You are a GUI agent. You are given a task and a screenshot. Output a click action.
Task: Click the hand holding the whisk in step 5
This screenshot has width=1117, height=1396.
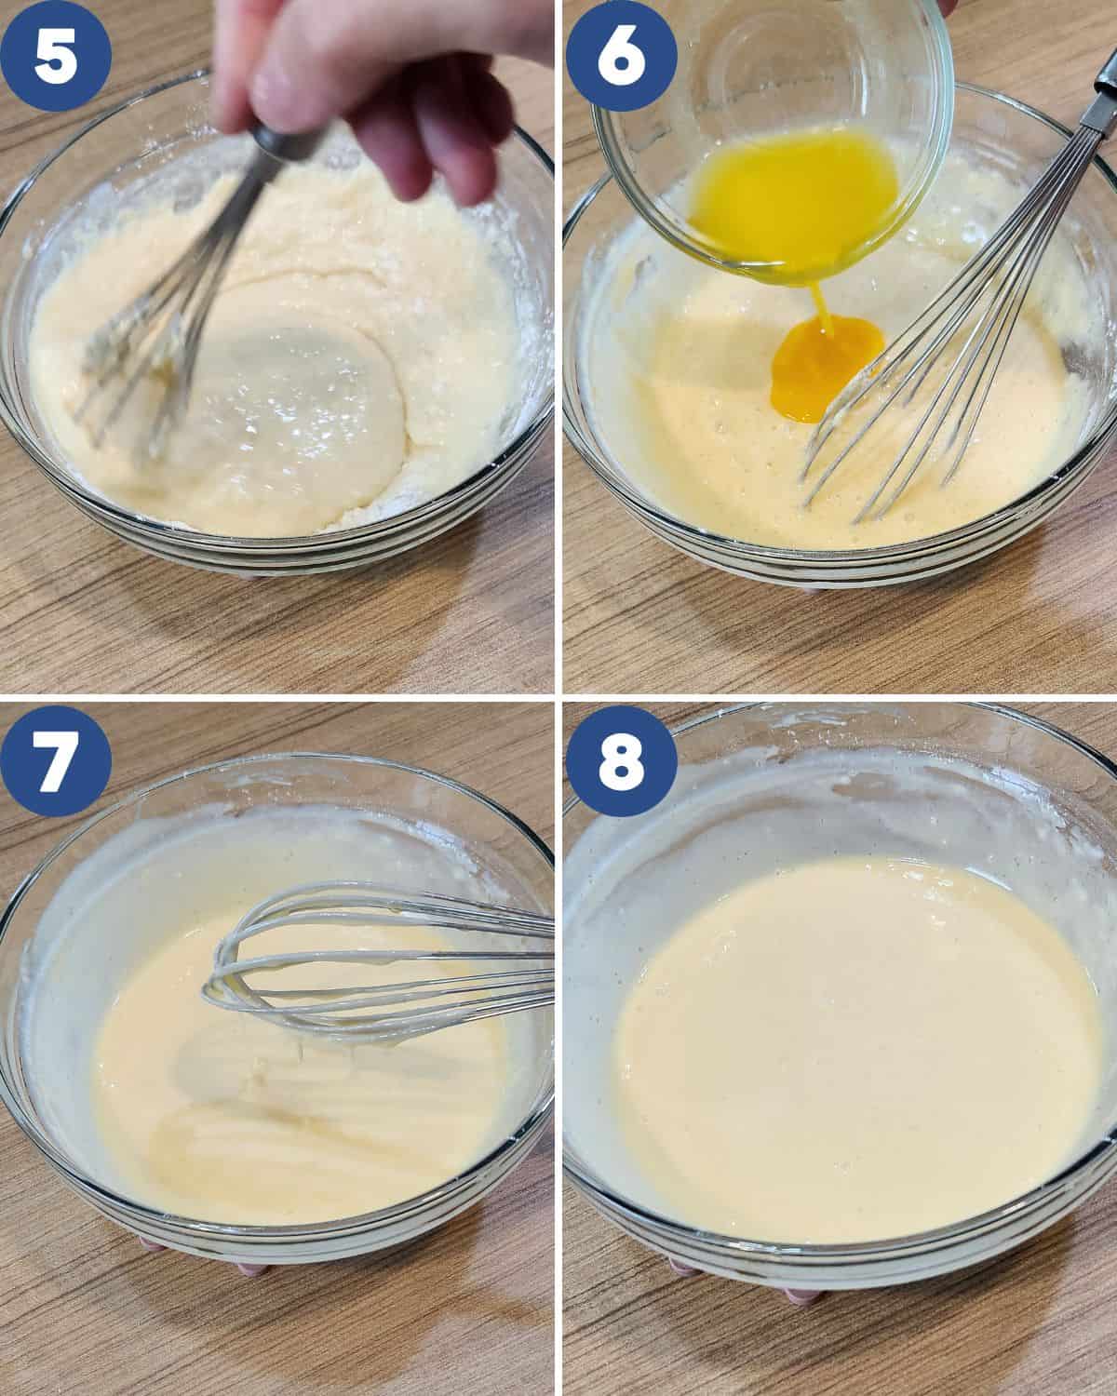click(372, 84)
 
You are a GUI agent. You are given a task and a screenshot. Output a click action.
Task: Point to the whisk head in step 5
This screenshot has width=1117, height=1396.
click(140, 372)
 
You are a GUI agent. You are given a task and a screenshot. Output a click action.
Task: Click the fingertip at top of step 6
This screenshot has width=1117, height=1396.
click(949, 7)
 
